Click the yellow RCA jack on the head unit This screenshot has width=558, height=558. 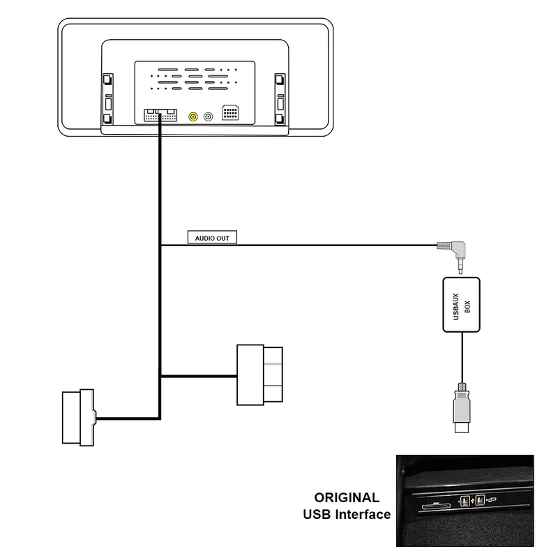192,116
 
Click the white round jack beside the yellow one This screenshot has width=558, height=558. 208,116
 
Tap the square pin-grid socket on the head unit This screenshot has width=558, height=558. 232,114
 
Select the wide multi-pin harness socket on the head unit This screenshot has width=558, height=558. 160,116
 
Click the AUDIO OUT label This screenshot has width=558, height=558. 213,238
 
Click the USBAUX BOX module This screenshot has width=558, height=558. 462,303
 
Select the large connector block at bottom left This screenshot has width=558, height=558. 78,416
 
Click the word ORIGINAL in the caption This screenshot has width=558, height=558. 347,498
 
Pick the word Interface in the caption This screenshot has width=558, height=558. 363,515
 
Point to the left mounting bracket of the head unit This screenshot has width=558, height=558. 108,98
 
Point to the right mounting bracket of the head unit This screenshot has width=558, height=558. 280,98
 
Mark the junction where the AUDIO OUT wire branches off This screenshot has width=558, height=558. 161,245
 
